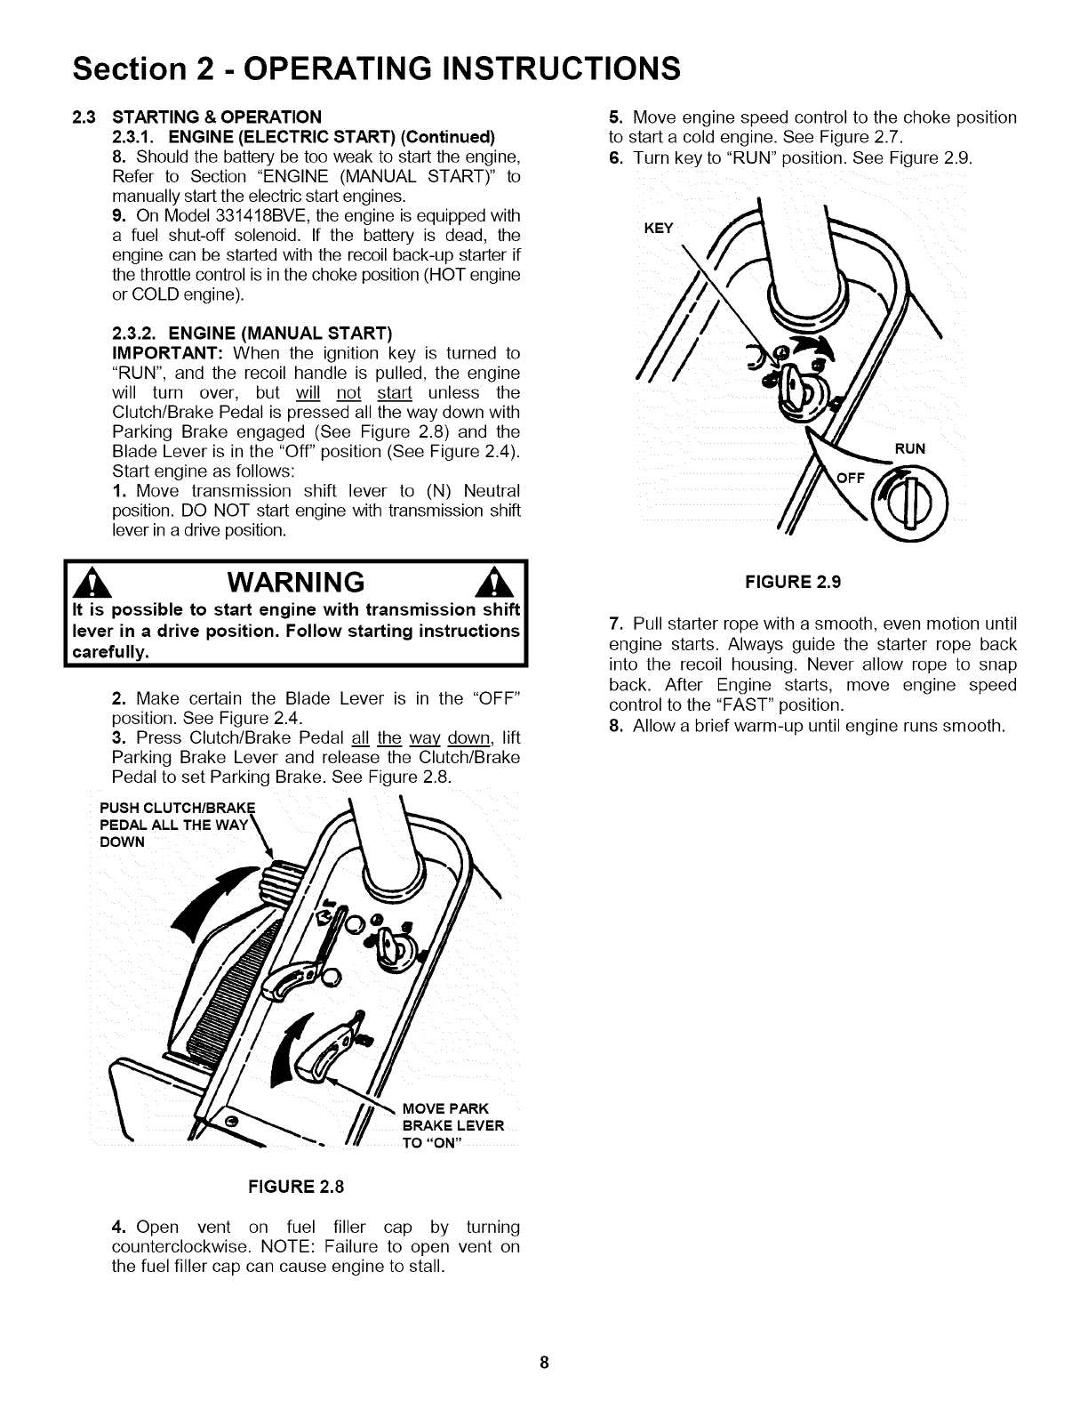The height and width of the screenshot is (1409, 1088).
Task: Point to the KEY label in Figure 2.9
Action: tap(659, 229)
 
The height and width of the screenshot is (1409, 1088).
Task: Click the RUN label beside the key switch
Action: tap(910, 448)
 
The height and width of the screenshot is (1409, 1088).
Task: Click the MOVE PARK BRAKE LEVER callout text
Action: tap(452, 1125)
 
